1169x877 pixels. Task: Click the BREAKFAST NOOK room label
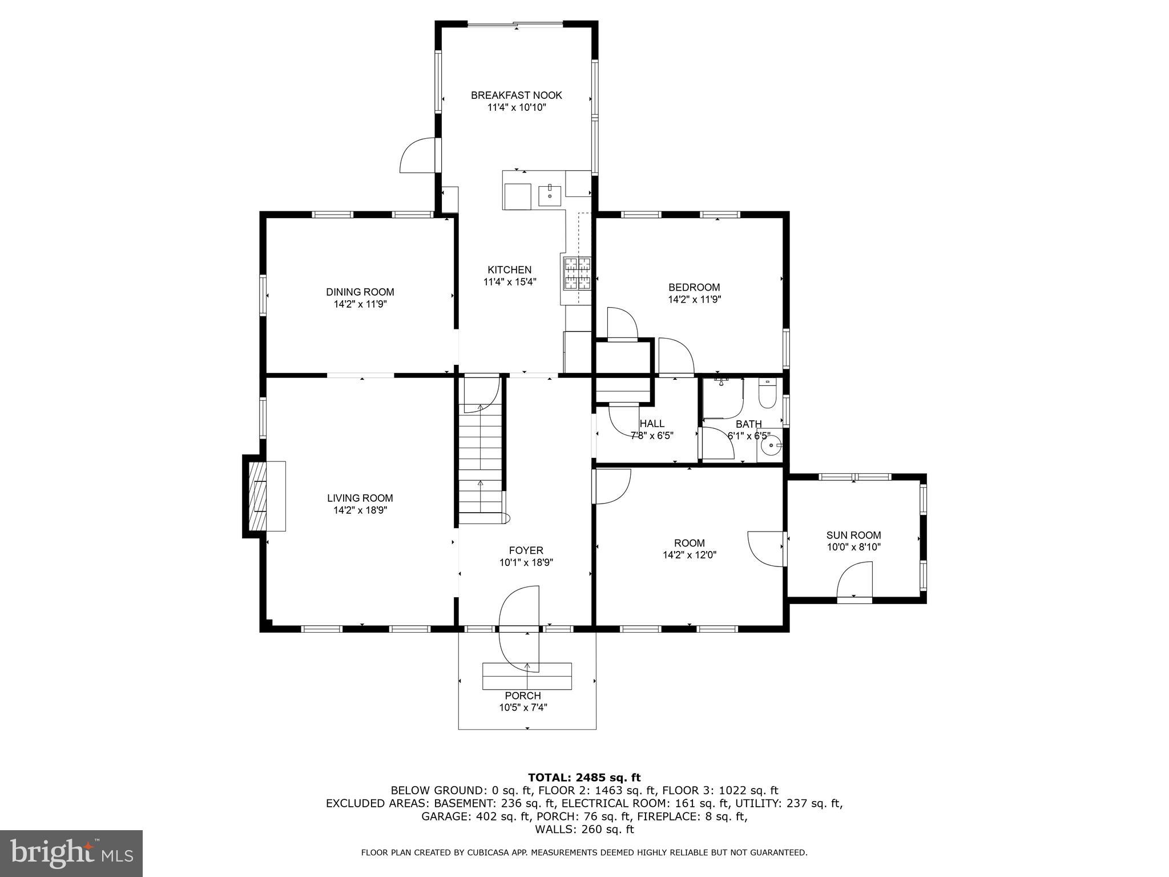[x=516, y=95]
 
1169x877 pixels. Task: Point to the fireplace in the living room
[x=260, y=496]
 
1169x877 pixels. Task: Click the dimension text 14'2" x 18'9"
[x=360, y=510]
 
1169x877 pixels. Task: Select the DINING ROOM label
[x=360, y=292]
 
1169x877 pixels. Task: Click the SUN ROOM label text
[x=853, y=535]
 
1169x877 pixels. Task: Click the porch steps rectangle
[x=527, y=676]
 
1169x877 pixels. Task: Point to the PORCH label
[x=522, y=696]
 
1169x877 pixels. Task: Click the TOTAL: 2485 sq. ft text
[x=584, y=778]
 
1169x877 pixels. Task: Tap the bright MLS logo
[x=71, y=853]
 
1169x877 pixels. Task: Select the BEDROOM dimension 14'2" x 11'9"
[x=694, y=299]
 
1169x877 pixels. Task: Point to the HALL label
[x=652, y=424]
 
